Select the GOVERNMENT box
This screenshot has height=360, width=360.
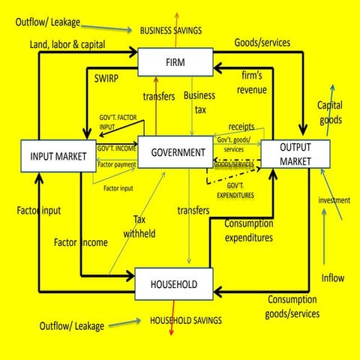coord(178,152)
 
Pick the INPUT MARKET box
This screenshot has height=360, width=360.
coord(57,157)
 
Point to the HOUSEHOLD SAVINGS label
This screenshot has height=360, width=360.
coord(186,320)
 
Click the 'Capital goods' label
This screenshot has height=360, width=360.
coord(330,112)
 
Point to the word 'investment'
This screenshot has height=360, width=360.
coord(334,200)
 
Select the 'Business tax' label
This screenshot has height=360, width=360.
coord(199,102)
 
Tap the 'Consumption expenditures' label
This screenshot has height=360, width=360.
coord(248,230)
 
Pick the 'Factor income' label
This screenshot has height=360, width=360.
coord(80,242)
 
